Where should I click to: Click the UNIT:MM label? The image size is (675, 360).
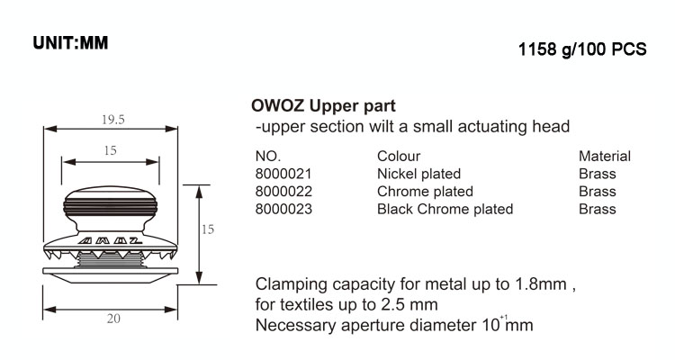(x=70, y=41)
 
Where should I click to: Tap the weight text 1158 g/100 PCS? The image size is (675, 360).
(x=582, y=49)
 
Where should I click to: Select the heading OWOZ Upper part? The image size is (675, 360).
(x=321, y=105)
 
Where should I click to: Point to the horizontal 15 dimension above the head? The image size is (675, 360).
(x=110, y=151)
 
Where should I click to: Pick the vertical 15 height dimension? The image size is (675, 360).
(x=207, y=229)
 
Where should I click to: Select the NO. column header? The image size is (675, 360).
(x=269, y=156)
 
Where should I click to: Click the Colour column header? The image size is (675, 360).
(x=399, y=156)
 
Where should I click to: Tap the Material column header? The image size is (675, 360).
(x=605, y=156)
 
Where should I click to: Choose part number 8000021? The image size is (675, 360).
(x=284, y=174)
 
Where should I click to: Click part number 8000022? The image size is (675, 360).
(x=284, y=191)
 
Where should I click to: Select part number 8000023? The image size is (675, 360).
(x=284, y=209)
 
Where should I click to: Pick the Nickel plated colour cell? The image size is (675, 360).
(x=418, y=174)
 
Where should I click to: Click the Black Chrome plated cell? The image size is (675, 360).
(x=445, y=209)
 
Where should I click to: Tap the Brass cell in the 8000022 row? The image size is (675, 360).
(x=598, y=191)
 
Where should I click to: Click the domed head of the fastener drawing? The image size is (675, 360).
(x=110, y=205)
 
